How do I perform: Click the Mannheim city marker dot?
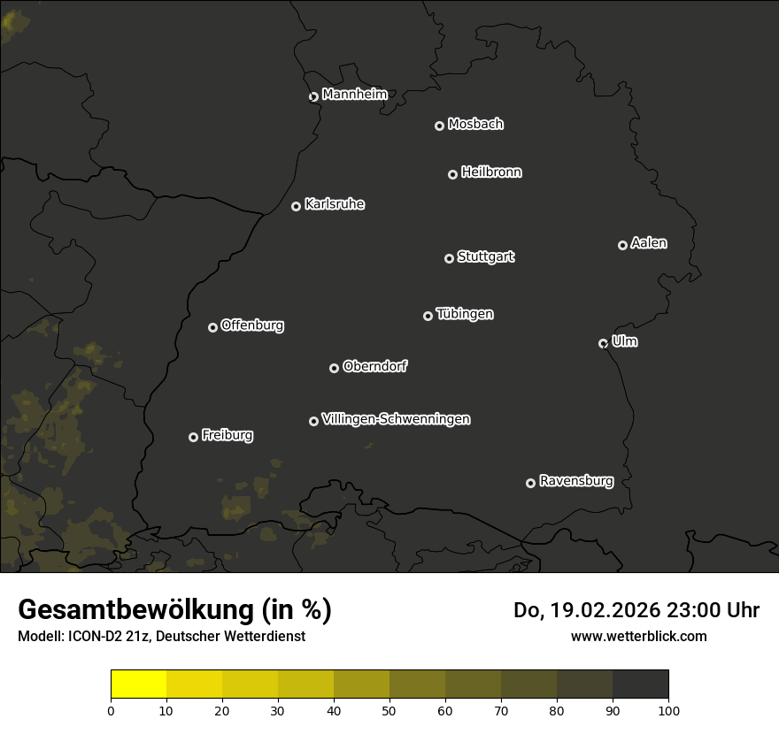pyautogui.click(x=313, y=97)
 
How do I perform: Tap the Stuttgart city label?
pyautogui.click(x=485, y=257)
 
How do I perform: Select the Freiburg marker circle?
pyautogui.click(x=193, y=437)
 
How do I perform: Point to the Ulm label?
pyautogui.click(x=624, y=342)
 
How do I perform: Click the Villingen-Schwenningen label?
pyautogui.click(x=396, y=419)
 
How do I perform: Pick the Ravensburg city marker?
pyautogui.click(x=530, y=483)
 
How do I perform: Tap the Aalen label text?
pyautogui.click(x=649, y=243)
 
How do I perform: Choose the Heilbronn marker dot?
pyautogui.click(x=452, y=174)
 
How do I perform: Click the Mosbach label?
pyautogui.click(x=475, y=125)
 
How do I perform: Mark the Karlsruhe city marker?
pyautogui.click(x=296, y=206)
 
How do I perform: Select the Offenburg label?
pyautogui.click(x=252, y=325)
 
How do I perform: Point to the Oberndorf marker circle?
pyautogui.click(x=334, y=368)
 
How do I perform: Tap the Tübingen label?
pyautogui.click(x=465, y=314)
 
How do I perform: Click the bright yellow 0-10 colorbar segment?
pyautogui.click(x=139, y=684)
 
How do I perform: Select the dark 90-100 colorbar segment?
pyautogui.click(x=640, y=684)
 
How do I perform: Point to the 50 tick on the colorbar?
pyautogui.click(x=389, y=710)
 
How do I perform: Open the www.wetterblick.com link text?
pyautogui.click(x=638, y=636)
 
